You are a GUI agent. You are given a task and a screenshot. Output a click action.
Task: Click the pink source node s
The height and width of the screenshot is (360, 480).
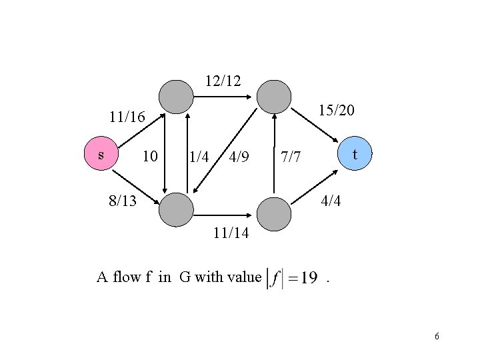click(x=100, y=155)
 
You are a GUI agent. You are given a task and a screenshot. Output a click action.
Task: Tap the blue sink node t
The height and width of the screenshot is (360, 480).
click(x=355, y=154)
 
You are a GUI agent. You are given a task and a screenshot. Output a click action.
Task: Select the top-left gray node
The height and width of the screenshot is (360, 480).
click(x=177, y=97)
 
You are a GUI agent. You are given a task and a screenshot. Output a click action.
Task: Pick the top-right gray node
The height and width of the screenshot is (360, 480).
click(x=275, y=97)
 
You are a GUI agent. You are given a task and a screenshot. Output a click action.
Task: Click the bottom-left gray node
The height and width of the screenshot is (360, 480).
click(x=177, y=211)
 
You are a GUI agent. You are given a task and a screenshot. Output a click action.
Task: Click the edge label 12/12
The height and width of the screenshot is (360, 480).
click(x=223, y=81)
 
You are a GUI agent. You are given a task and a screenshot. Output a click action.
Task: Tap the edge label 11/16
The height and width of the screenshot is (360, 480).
click(x=127, y=118)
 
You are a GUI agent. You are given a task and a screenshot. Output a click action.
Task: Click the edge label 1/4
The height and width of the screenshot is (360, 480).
click(x=199, y=158)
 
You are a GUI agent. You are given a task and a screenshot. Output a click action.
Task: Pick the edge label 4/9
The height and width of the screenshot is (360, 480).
click(x=239, y=157)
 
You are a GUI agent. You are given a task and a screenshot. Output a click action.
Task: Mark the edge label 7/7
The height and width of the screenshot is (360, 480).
click(x=291, y=158)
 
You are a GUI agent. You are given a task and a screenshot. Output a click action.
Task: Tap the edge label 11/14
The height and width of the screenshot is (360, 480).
click(x=231, y=233)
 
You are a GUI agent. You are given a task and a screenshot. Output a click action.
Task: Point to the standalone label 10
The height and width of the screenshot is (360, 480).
click(x=151, y=157)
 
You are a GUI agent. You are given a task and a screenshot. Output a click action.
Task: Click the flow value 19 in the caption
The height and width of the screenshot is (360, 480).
click(x=307, y=278)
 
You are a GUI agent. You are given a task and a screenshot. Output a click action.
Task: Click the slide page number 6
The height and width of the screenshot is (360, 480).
click(x=437, y=336)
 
